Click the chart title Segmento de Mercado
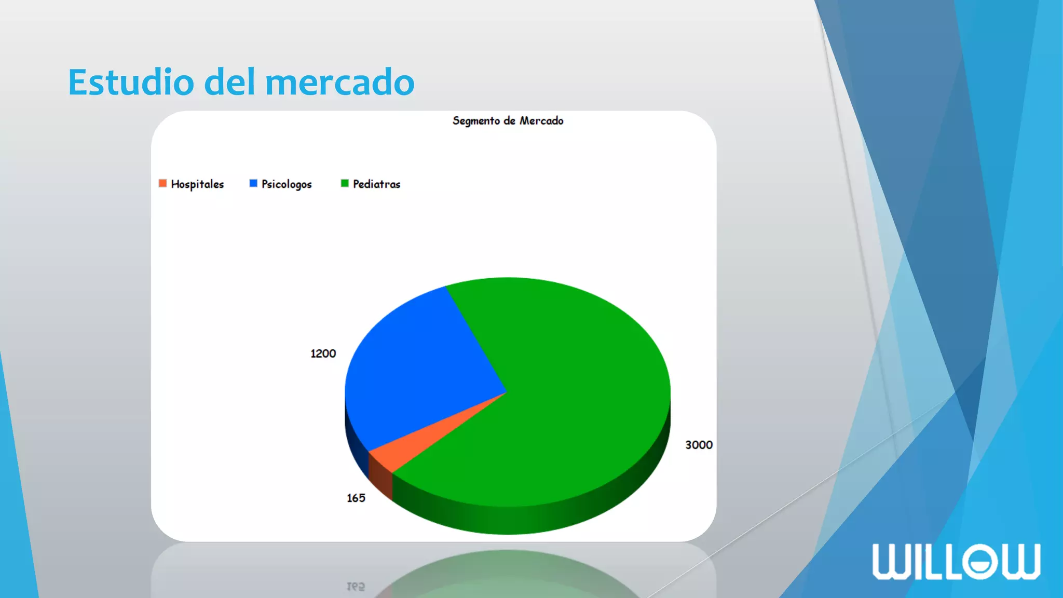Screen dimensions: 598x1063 (x=508, y=121)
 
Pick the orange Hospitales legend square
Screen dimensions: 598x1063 (x=162, y=183)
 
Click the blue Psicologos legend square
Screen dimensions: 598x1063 (x=253, y=183)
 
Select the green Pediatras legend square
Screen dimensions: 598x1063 (x=345, y=183)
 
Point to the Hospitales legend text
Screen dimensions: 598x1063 (x=197, y=184)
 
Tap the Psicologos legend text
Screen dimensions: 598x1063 (x=287, y=184)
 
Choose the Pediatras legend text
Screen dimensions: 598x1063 (x=377, y=184)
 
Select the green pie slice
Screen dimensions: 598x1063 (x=561, y=395)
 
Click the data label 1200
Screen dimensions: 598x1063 (x=323, y=354)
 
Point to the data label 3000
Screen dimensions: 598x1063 (x=699, y=445)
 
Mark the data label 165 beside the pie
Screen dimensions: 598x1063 (x=356, y=498)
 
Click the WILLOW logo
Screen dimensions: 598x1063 (x=956, y=561)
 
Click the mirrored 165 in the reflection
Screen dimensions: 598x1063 (x=356, y=587)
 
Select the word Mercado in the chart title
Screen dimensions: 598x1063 (x=541, y=121)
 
